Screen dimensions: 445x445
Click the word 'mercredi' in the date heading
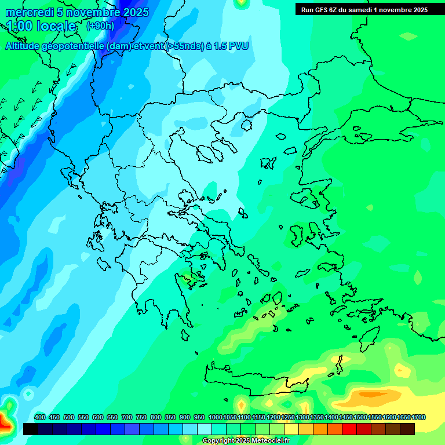click(x=26, y=12)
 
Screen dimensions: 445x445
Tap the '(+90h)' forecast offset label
click(x=100, y=25)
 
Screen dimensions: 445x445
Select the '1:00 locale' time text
click(x=41, y=26)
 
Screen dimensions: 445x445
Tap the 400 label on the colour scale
click(x=39, y=417)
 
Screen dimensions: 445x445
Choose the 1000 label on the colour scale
click(x=215, y=417)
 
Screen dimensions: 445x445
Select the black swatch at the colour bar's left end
click(x=31, y=429)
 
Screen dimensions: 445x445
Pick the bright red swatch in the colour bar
click(x=349, y=429)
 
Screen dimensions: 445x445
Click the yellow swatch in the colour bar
click(x=291, y=429)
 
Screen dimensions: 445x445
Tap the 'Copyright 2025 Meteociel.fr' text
click(x=246, y=441)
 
